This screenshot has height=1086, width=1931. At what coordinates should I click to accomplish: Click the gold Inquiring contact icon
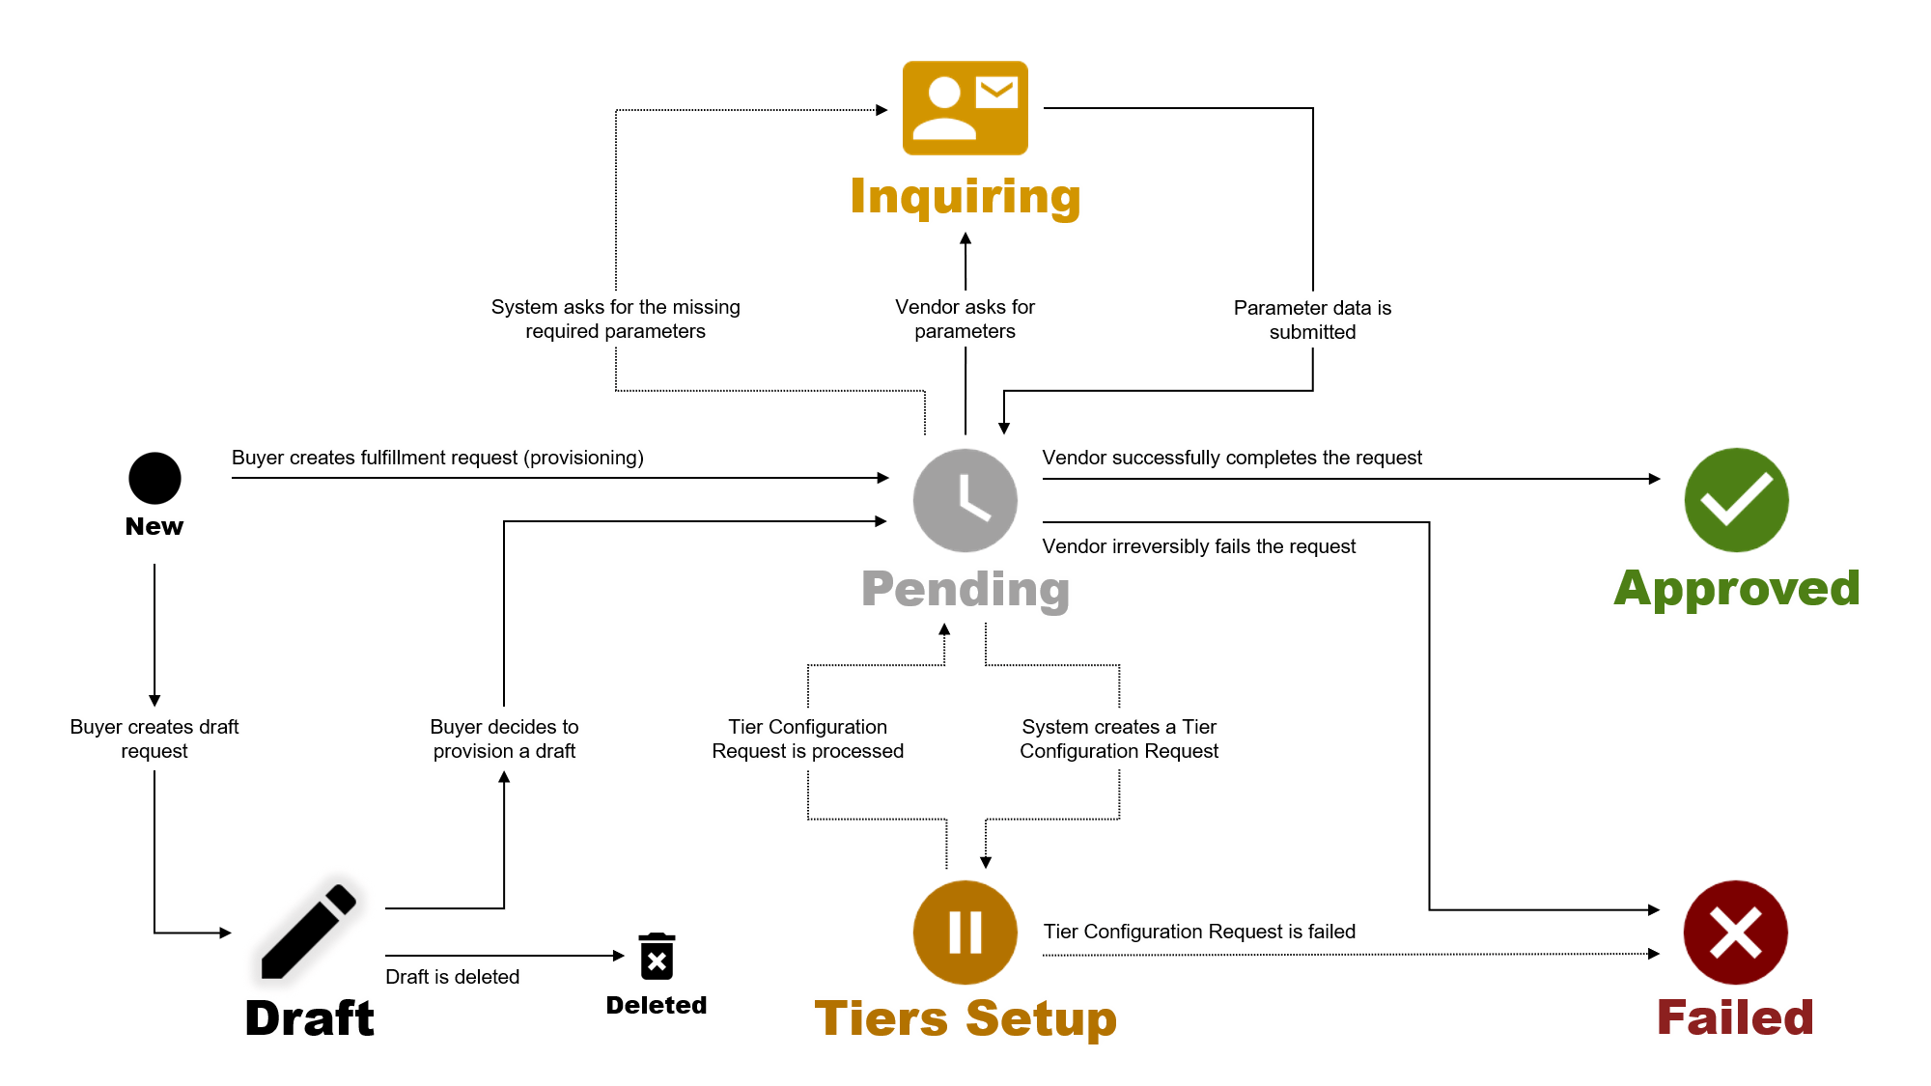[x=965, y=108]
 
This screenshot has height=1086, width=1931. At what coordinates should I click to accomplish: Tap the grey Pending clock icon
[x=965, y=500]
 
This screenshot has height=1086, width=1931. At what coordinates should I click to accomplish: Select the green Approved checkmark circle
[x=1736, y=500]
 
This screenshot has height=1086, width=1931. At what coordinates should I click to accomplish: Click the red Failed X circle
[x=1735, y=933]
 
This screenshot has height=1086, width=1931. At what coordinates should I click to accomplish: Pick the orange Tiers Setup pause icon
[x=965, y=933]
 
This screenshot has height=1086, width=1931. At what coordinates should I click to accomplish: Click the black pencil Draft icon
[x=309, y=931]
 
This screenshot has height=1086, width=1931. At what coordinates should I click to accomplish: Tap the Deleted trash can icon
[x=657, y=957]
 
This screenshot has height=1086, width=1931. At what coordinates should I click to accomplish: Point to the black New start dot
[x=154, y=478]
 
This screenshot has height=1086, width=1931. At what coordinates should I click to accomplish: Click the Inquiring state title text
[x=965, y=197]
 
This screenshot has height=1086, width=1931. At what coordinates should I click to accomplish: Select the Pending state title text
[x=965, y=589]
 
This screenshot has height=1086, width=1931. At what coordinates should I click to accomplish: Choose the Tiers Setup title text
[x=965, y=1018]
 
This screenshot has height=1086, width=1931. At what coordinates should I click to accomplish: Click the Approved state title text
[x=1736, y=588]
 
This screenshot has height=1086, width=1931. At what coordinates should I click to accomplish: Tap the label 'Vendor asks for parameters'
[x=965, y=319]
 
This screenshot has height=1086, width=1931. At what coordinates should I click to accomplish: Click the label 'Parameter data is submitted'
[x=1312, y=320]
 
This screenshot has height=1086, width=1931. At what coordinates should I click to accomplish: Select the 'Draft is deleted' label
[x=452, y=977]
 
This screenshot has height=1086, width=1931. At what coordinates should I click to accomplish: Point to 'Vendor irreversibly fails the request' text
[x=1198, y=546]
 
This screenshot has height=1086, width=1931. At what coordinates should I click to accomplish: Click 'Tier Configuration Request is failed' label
[x=1199, y=932]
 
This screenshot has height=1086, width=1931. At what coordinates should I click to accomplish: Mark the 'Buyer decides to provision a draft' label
[x=504, y=738]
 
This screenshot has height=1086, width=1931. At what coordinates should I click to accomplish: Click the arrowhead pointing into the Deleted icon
[x=619, y=956]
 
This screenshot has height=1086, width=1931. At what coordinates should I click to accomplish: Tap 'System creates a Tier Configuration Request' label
[x=1119, y=738]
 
